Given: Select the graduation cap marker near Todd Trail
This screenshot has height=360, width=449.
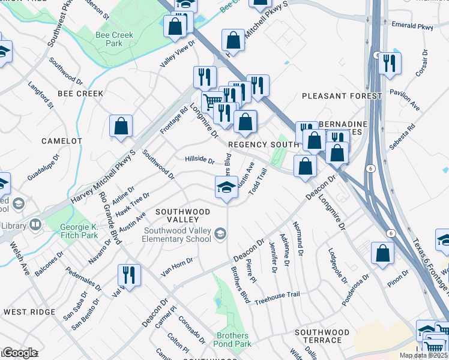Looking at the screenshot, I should point(227,187).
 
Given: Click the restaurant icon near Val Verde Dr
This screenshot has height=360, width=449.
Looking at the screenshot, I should point(129,275).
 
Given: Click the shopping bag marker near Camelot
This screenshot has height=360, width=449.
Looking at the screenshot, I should point(121,127).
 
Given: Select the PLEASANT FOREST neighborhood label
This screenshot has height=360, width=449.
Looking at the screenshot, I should point(342,96).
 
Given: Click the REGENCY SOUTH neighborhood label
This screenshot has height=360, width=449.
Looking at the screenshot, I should point(263,145).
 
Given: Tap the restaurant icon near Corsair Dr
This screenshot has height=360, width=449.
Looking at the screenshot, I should point(390,63).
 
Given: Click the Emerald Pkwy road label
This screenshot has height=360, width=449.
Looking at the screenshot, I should point(412,26).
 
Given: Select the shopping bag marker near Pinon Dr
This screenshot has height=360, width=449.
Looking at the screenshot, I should point(382,254).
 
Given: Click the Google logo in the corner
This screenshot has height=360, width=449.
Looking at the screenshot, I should point(20,353).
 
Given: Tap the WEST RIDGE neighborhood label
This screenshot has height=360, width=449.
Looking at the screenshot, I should point(28,312).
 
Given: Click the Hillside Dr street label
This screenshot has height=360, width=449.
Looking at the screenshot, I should point(199,161).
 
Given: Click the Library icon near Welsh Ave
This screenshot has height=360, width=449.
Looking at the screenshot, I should point(35,226).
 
